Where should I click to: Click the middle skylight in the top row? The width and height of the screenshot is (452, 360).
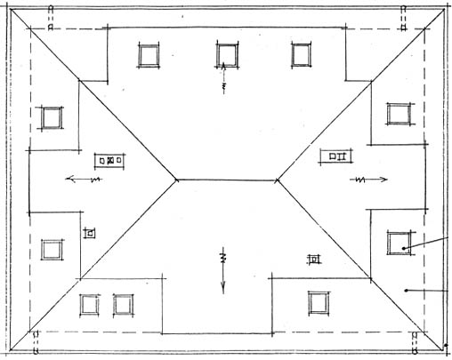point(227,55)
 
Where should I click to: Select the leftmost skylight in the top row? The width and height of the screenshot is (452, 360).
point(148,55)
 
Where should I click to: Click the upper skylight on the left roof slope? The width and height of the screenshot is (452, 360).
point(51,117)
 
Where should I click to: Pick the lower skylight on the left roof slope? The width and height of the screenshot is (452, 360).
point(51,249)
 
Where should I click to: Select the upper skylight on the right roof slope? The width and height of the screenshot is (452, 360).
point(398,114)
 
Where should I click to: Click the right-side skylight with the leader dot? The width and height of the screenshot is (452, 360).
point(398,242)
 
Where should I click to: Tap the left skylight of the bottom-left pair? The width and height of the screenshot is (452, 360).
point(89,305)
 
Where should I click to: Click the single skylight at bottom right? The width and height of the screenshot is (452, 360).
point(319,302)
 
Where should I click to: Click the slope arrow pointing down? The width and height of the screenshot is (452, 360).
point(223,276)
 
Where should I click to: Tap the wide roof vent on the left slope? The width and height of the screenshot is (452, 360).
point(111,161)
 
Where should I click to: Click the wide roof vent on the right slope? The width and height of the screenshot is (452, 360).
point(337,157)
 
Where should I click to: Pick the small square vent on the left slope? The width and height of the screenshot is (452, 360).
point(89,232)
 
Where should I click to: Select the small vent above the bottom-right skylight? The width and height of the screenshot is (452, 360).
point(313,260)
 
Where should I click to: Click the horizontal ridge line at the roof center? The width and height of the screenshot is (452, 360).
point(226,179)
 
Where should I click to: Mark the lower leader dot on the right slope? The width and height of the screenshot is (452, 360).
point(406,290)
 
